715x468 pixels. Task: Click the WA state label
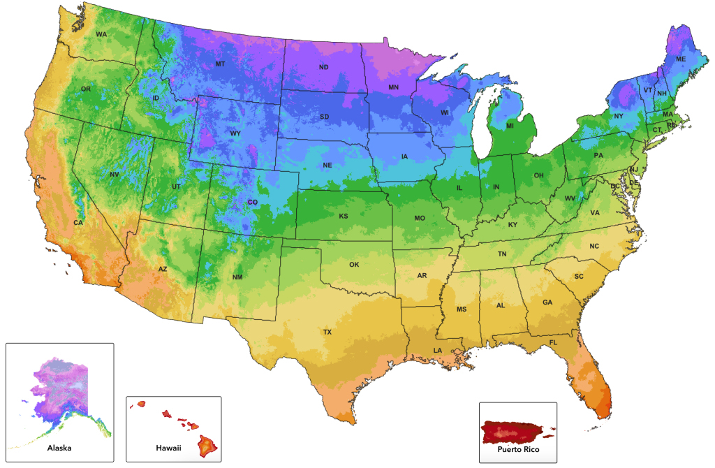click(101, 34)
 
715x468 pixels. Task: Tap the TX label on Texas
click(327, 332)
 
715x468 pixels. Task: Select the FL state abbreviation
click(553, 343)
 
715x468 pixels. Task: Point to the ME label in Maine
click(680, 60)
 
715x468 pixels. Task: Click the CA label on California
click(79, 223)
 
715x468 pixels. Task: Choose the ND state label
click(323, 68)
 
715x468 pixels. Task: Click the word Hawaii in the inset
click(168, 447)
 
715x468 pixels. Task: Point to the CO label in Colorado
click(252, 203)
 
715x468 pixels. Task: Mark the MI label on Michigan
click(510, 126)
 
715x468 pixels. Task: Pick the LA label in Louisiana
click(437, 350)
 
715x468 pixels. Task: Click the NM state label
click(237, 277)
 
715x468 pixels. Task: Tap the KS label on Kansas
click(344, 217)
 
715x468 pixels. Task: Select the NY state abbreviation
click(619, 116)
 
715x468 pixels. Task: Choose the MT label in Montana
click(220, 64)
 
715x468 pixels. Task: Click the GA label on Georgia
click(547, 302)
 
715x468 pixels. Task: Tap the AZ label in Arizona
click(162, 269)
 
